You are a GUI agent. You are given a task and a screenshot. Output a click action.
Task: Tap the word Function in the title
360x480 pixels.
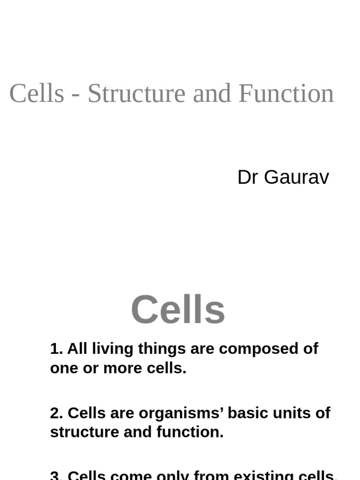(286, 93)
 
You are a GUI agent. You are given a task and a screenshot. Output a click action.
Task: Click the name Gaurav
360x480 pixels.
(296, 178)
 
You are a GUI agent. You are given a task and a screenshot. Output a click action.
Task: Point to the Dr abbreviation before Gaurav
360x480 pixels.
(248, 178)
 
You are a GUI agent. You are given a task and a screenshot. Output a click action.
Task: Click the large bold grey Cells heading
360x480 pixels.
(178, 310)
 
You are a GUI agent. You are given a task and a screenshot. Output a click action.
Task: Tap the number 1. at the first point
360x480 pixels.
(56, 349)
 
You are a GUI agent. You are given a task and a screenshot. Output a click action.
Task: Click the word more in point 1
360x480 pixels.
(123, 368)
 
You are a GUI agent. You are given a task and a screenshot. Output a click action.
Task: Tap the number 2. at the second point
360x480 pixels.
(56, 413)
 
